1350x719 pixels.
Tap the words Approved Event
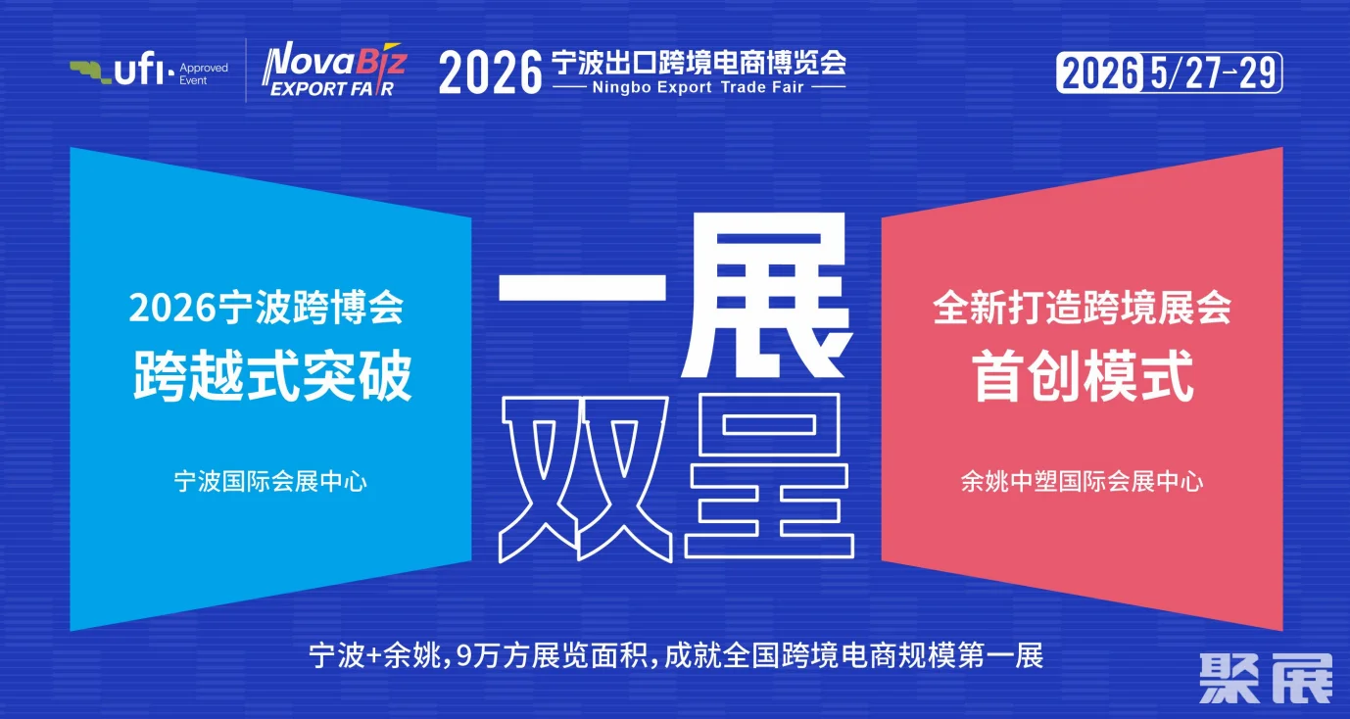204,74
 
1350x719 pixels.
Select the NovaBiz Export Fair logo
335,70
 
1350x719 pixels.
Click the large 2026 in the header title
491,72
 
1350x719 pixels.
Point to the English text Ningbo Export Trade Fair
698,87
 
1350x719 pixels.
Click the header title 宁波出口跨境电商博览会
699,62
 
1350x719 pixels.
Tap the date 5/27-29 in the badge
1213,72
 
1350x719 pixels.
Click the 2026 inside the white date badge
1100,73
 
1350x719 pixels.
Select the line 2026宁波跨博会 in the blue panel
265,307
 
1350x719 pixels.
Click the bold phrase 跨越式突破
272,375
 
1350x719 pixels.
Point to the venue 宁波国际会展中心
270,482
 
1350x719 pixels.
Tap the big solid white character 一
582,287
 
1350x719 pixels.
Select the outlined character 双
585,480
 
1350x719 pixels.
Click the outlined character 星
769,476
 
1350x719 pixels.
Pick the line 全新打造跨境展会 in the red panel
1082,307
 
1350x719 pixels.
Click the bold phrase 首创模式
1083,376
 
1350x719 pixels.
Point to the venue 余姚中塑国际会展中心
1082,482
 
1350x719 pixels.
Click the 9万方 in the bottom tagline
492,655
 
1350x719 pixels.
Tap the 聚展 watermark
1266,679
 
